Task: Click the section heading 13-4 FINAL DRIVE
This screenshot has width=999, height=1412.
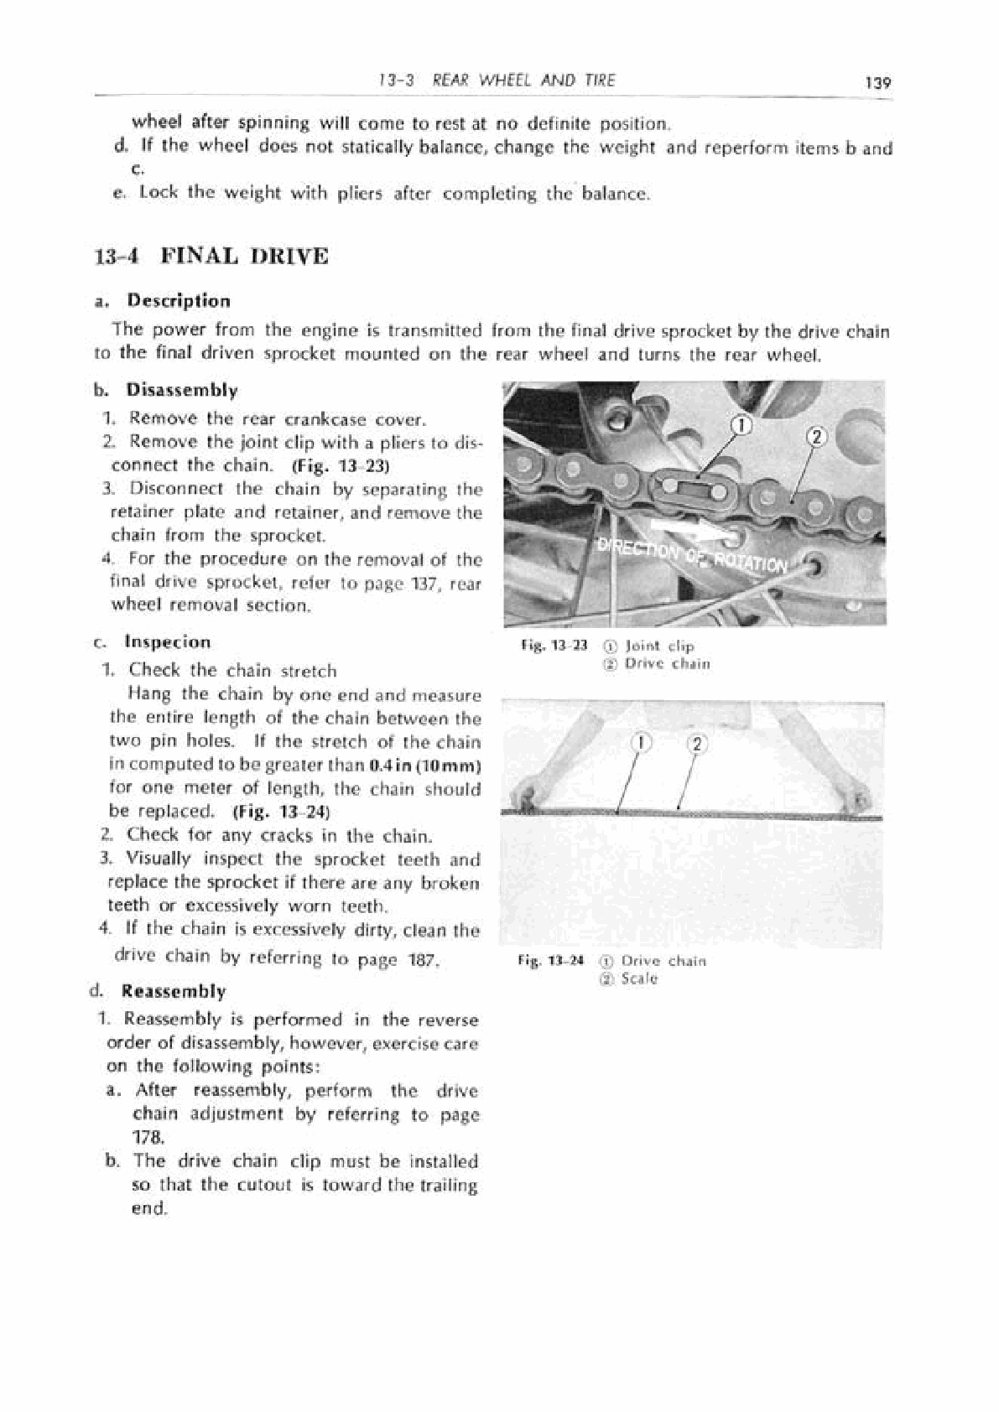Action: pyautogui.click(x=212, y=256)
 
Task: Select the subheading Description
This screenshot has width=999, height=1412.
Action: pyautogui.click(x=178, y=301)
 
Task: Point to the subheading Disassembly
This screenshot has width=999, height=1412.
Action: pyautogui.click(x=181, y=390)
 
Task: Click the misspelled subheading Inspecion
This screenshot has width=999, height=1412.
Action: pyautogui.click(x=168, y=642)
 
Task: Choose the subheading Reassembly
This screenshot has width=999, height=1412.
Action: pyautogui.click(x=174, y=991)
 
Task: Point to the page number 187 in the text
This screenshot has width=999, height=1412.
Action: pyautogui.click(x=419, y=958)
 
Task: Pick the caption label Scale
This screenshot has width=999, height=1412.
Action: pyautogui.click(x=640, y=979)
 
